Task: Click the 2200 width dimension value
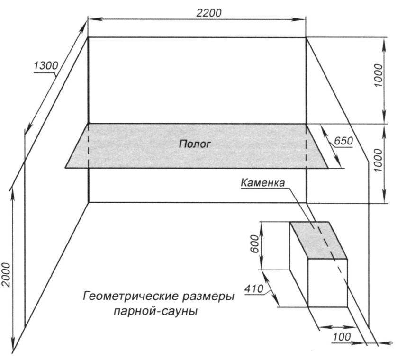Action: click(209, 13)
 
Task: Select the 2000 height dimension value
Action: click(6, 275)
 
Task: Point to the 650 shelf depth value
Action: click(343, 141)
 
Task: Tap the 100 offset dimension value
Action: click(341, 337)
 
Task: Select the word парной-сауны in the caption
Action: click(156, 312)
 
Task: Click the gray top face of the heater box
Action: click(318, 240)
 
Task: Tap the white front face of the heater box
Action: click(327, 283)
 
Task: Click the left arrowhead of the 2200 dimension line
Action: click(91, 19)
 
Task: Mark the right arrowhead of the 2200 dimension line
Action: click(303, 19)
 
